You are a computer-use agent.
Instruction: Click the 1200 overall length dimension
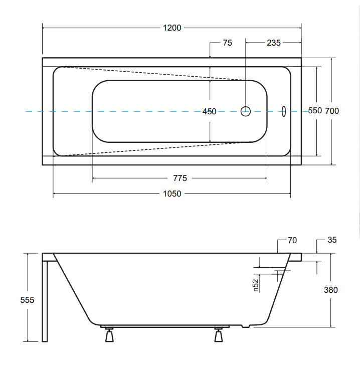tap(172, 28)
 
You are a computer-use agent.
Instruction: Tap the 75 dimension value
tap(227, 43)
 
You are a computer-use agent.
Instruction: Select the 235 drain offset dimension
tap(274, 43)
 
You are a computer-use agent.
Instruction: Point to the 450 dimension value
tap(209, 111)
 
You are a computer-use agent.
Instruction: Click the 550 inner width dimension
tap(315, 110)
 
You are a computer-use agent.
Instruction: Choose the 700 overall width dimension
tap(332, 111)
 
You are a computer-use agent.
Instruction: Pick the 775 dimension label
tap(180, 178)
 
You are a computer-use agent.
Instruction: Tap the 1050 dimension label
tap(172, 194)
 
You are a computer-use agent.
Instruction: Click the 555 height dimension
tap(27, 300)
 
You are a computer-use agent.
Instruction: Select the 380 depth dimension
tap(331, 290)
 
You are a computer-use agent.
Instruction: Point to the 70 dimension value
tap(292, 240)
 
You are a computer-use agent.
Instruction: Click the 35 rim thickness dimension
tap(332, 240)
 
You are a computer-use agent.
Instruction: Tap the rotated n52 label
tap(256, 285)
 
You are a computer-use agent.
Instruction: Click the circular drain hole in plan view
tap(246, 111)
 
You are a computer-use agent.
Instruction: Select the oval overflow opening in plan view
tap(284, 111)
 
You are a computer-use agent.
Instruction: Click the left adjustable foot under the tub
tap(109, 334)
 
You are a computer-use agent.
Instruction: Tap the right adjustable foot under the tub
tap(219, 334)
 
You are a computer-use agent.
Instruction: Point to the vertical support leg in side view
tap(45, 301)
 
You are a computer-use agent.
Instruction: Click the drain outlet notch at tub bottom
tap(246, 326)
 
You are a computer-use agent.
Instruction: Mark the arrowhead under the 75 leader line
tap(210, 56)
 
